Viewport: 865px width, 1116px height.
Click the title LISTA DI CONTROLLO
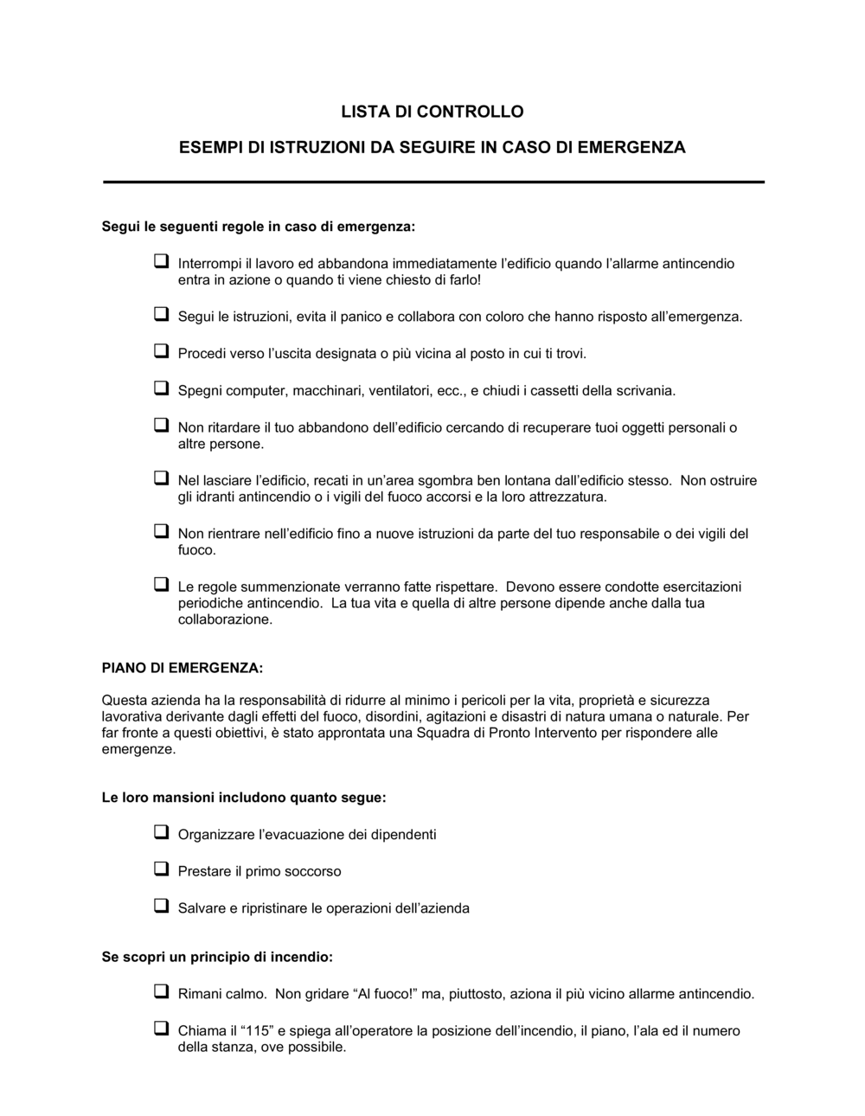pyautogui.click(x=432, y=112)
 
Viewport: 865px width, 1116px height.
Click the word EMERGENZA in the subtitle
pyautogui.click(x=631, y=147)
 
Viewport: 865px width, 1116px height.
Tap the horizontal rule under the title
pyautogui.click(x=433, y=182)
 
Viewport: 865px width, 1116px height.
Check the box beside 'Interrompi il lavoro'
pyautogui.click(x=161, y=260)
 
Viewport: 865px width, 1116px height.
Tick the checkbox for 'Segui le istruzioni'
pyautogui.click(x=161, y=315)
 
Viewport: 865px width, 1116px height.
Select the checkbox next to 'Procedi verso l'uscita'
pyautogui.click(x=161, y=351)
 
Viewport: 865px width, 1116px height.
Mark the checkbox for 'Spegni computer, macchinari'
pyautogui.click(x=161, y=388)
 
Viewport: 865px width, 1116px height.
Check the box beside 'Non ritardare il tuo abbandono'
pyautogui.click(x=161, y=425)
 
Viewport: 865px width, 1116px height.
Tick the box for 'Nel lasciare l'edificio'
pyautogui.click(x=161, y=478)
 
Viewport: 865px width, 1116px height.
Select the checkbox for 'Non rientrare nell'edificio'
pyautogui.click(x=161, y=531)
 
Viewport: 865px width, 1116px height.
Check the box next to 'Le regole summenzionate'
pyautogui.click(x=161, y=584)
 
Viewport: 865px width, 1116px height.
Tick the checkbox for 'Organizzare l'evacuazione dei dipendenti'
pyautogui.click(x=161, y=832)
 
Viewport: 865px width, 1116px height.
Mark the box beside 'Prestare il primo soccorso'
pyautogui.click(x=161, y=869)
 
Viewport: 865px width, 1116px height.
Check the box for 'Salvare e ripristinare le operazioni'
pyautogui.click(x=161, y=906)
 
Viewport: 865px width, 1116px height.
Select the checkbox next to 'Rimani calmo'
pyautogui.click(x=161, y=991)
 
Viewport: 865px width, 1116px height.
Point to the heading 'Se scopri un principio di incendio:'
pyautogui.click(x=217, y=958)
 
